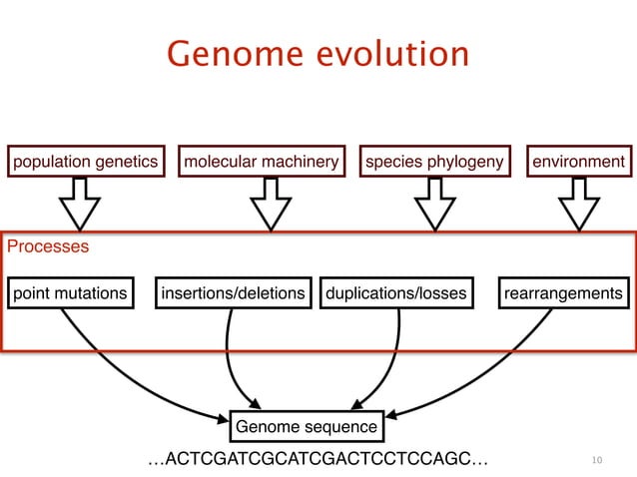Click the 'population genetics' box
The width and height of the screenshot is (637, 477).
[x=85, y=162]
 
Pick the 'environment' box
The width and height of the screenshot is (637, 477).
[x=580, y=162]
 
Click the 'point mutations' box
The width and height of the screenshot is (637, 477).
[x=70, y=293]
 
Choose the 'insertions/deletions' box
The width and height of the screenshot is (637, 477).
[x=233, y=293]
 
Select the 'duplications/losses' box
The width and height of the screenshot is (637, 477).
[x=395, y=293]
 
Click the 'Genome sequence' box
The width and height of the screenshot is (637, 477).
[x=307, y=427]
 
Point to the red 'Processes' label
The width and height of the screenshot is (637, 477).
[x=48, y=245]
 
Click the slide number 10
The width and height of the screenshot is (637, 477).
[x=597, y=460]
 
